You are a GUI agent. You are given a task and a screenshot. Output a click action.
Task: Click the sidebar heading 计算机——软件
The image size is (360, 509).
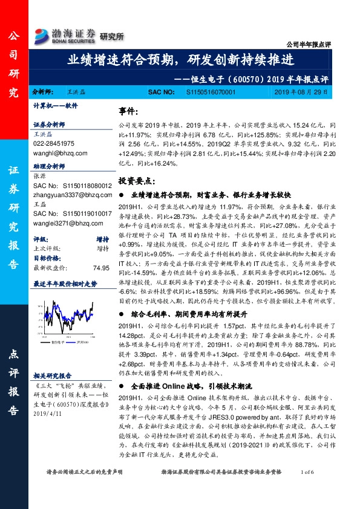(56, 105)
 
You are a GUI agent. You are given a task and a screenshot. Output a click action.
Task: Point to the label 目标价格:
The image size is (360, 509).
(48, 257)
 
